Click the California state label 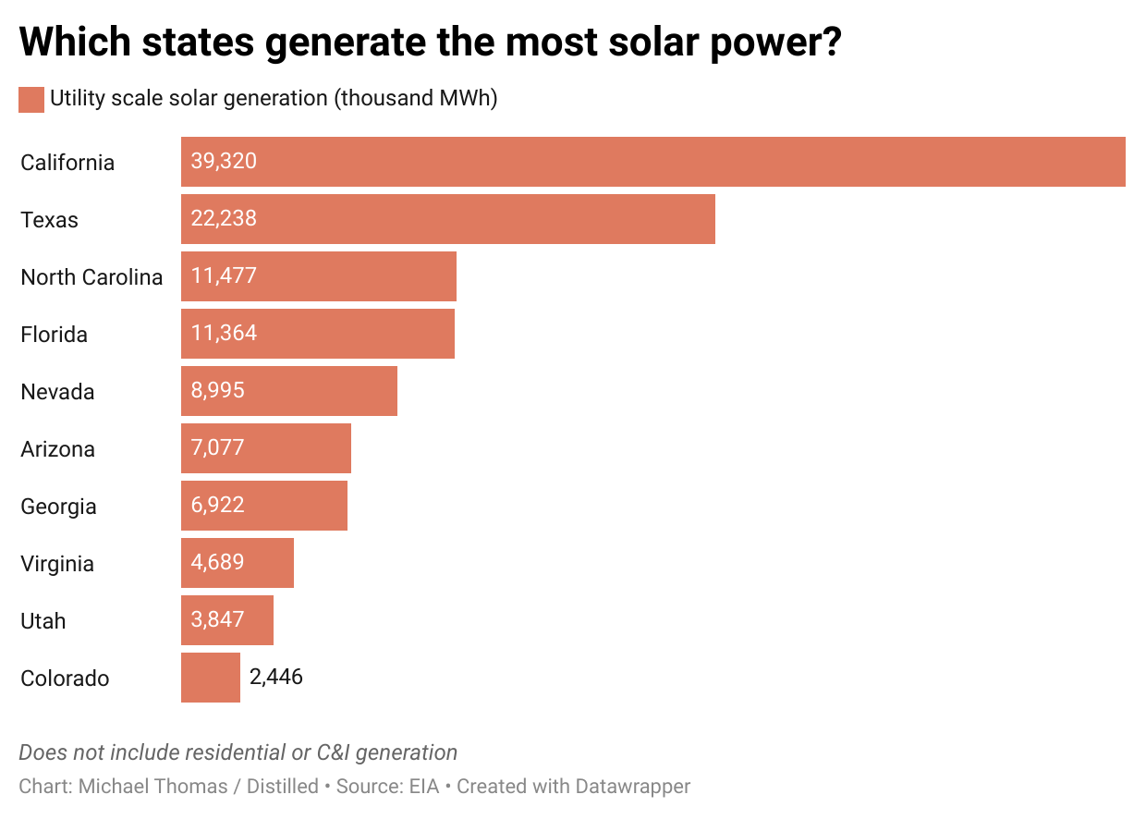pos(67,163)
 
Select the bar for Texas pos(447,219)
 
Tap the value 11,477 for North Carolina pos(224,276)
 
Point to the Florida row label pos(54,335)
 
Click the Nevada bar pos(288,391)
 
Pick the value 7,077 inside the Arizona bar pos(218,448)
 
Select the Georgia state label pos(58,507)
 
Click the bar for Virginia pos(237,563)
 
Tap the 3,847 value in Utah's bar pos(218,620)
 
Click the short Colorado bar pos(210,678)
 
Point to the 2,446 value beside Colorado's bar pos(276,678)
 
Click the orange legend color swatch pos(31,99)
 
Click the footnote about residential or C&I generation pos(238,752)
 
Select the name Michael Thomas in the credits pos(152,787)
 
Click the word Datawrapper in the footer pos(632,787)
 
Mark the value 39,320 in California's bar pos(224,162)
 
